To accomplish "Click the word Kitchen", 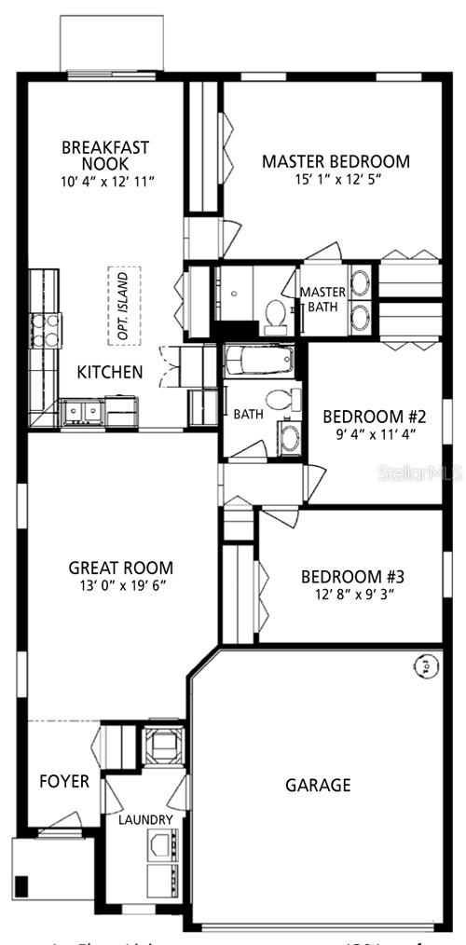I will (x=110, y=372).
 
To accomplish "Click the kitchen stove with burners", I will (x=46, y=330).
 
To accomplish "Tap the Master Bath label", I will (x=322, y=299).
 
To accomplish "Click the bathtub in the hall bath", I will (x=258, y=360).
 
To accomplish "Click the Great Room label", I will (x=121, y=568).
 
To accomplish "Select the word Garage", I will (x=318, y=785).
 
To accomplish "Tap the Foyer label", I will (x=64, y=781).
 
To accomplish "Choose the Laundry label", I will (x=145, y=819).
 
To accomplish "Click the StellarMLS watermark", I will (x=418, y=473).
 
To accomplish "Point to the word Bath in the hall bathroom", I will (x=248, y=414).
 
